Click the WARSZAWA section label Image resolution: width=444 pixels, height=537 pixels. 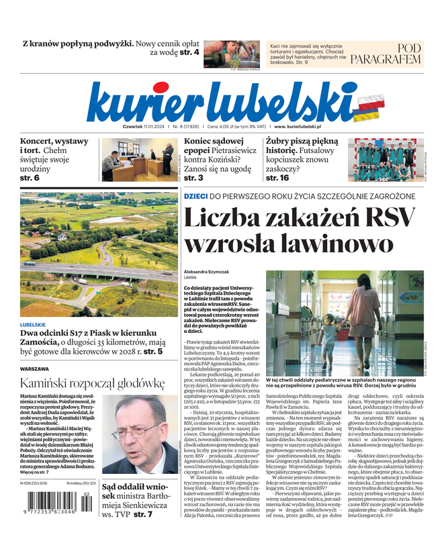(34, 369)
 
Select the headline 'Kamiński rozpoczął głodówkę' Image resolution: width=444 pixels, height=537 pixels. (92, 383)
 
